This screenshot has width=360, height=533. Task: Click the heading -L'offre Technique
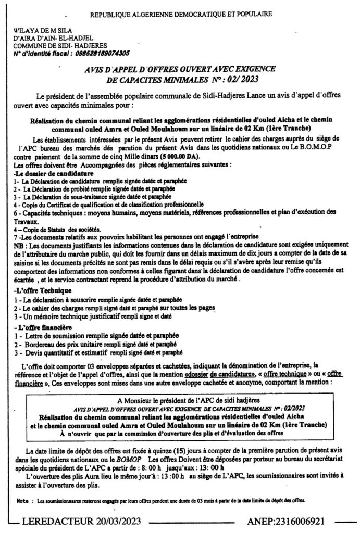[44, 290]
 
